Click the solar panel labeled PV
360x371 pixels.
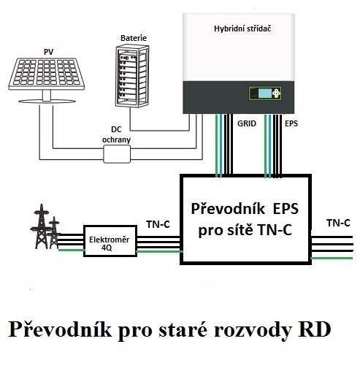(47, 74)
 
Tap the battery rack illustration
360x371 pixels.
(132, 76)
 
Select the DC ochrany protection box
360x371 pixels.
(117, 154)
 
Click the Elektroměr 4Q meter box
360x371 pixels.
(110, 241)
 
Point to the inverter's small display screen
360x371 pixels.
(265, 93)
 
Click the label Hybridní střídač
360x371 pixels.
(242, 28)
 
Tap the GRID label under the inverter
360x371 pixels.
(247, 123)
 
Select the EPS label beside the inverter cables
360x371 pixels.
(291, 123)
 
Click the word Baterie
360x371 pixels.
(134, 38)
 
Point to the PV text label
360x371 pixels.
(48, 52)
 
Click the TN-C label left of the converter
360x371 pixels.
(158, 224)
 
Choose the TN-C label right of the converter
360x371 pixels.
(338, 223)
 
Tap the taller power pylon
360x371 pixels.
(42, 226)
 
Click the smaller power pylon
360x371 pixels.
(54, 232)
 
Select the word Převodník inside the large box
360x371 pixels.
(228, 209)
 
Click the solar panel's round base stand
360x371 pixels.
(47, 101)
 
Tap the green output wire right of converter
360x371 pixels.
(332, 258)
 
